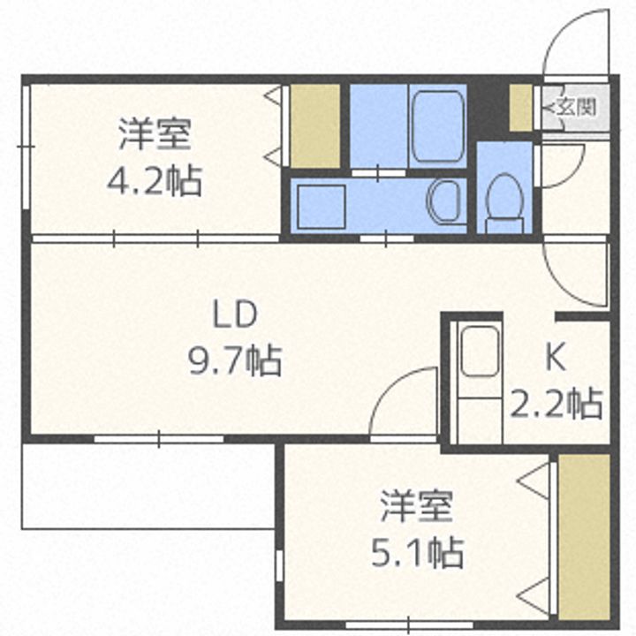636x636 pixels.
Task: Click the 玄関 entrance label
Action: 576,107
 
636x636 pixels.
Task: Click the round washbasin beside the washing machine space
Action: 443,201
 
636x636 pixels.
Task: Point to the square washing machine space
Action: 322,207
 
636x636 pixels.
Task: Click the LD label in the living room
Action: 235,314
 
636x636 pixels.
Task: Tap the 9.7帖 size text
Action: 235,360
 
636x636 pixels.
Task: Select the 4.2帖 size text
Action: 154,180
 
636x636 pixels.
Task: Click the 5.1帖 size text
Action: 417,552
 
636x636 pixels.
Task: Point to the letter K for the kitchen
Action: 556,358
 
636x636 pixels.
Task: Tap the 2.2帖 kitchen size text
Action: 556,404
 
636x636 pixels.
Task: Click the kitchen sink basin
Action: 480,352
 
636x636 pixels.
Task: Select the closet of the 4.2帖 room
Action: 315,125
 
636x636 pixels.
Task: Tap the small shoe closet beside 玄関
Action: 520,108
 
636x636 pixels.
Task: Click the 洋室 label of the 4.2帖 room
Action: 155,134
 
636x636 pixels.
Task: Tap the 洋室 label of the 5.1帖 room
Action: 417,506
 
